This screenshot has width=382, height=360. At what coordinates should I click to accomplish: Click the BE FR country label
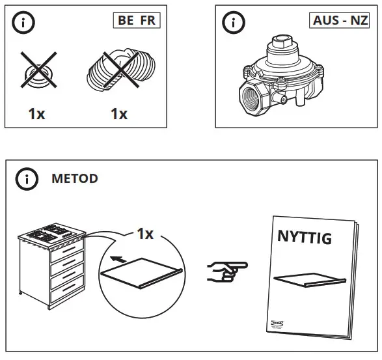136,20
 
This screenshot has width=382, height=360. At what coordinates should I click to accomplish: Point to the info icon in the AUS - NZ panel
232,22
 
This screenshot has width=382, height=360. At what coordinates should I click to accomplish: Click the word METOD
74,179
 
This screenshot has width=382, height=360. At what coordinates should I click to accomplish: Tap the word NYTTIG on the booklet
304,238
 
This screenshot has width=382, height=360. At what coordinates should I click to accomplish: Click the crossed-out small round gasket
36,71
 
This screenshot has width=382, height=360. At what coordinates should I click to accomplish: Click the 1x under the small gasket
36,114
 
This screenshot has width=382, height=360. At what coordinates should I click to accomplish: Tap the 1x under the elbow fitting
118,114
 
